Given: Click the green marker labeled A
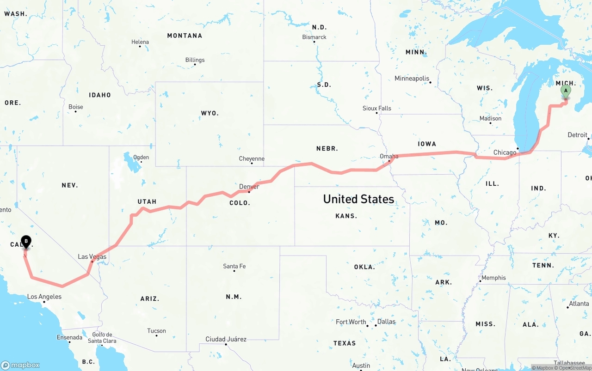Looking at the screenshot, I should (565, 91).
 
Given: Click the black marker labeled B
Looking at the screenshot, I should (26, 241).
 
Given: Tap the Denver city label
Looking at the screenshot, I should (249, 187).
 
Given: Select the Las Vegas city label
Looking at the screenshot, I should (92, 257).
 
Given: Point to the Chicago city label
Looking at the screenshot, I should (505, 152).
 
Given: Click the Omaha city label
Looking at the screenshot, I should (389, 156).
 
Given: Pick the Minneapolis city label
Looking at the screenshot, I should (412, 79).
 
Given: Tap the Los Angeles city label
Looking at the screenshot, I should (44, 297).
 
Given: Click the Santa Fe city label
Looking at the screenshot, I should (234, 266).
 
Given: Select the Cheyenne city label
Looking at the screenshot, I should (252, 158).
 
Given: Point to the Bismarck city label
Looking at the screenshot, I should (314, 37).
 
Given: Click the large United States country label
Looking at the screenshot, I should (358, 199).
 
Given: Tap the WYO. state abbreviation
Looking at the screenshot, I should (210, 113).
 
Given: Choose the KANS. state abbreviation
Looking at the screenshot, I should (346, 216).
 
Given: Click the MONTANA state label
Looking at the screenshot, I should (185, 36).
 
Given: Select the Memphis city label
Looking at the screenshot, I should (493, 278).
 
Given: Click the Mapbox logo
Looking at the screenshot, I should (20, 365).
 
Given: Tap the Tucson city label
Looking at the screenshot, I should (156, 331).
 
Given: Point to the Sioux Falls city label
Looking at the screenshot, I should (376, 108).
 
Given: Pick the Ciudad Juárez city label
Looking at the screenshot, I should (226, 339).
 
